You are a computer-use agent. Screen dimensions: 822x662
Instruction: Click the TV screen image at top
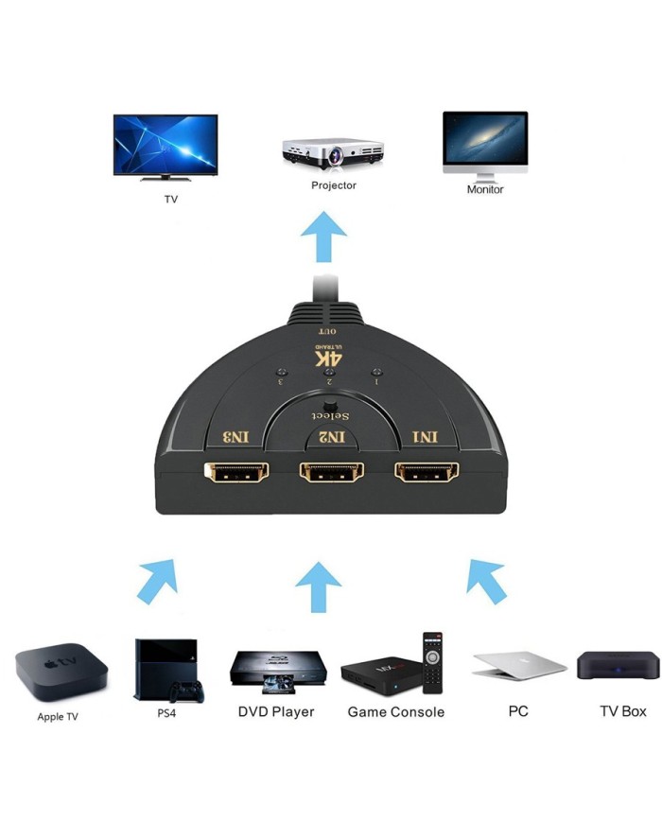165,144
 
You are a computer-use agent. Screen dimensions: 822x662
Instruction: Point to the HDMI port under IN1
427,473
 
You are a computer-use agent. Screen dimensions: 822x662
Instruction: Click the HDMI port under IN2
331,473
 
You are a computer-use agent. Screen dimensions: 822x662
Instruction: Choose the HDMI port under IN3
235,473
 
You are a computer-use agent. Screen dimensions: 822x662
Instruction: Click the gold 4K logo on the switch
329,360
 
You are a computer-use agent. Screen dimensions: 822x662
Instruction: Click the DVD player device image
273,669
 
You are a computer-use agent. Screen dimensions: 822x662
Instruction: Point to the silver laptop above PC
518,666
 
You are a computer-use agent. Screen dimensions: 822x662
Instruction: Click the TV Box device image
618,666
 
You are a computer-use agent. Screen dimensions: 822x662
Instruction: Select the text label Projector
334,185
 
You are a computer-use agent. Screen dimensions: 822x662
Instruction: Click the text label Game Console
395,711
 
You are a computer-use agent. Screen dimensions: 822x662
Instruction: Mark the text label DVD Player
276,711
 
